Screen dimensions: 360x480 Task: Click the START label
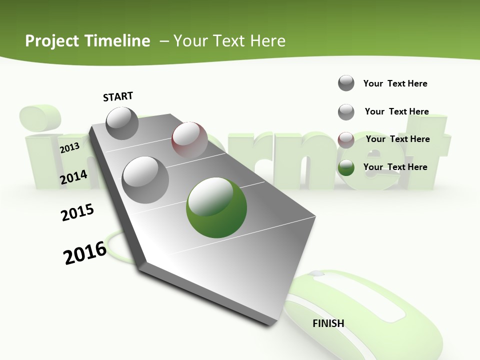click(118, 96)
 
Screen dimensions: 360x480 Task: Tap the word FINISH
click(328, 323)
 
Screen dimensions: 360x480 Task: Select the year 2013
click(69, 148)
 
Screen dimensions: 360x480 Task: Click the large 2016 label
click(85, 253)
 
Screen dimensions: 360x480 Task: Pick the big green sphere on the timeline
click(216, 207)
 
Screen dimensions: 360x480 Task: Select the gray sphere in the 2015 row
click(145, 179)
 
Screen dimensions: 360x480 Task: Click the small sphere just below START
click(122, 123)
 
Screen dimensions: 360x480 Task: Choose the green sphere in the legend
click(346, 167)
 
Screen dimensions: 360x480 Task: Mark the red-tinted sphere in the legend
click(346, 139)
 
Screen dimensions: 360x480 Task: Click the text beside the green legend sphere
click(395, 167)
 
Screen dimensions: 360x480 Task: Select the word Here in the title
click(267, 41)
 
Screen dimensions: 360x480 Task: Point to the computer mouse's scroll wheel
click(315, 274)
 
